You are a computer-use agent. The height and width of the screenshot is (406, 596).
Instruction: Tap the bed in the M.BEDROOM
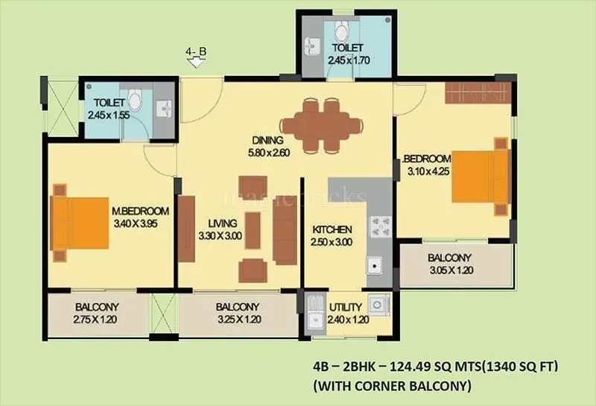coord(80,222)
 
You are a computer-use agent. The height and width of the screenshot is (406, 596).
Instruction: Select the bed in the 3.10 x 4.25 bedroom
coord(481,177)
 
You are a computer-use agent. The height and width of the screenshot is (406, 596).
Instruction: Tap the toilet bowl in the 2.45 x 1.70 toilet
coord(341,32)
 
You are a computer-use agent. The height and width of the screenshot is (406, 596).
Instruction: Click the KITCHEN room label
coord(332,229)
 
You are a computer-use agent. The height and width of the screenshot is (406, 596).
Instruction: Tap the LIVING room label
coord(223,223)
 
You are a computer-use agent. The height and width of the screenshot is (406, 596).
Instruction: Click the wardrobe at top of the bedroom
coord(477,92)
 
